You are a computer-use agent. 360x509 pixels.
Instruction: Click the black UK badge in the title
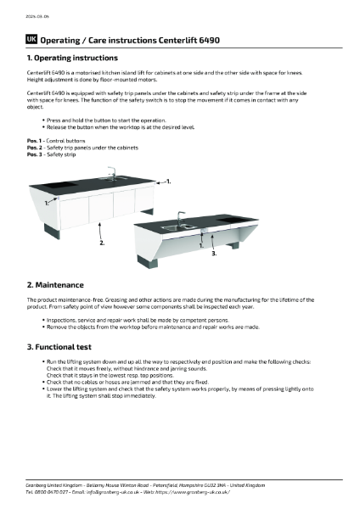pos(32,40)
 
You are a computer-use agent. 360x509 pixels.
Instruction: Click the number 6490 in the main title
pos(208,40)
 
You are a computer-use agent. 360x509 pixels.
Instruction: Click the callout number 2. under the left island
pos(103,243)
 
